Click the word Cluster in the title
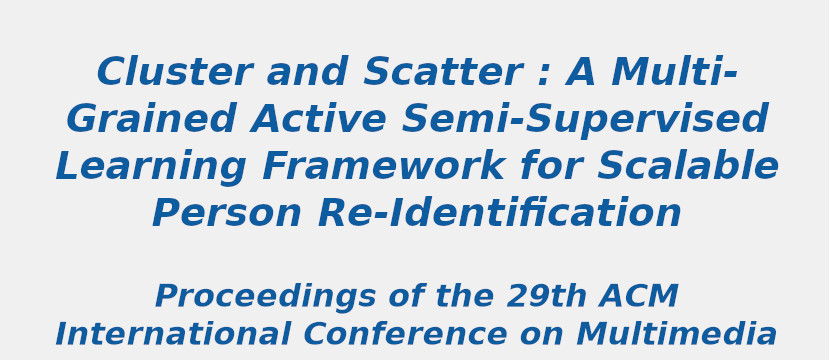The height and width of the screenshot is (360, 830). click(x=174, y=73)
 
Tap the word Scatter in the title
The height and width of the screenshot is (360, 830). click(x=442, y=73)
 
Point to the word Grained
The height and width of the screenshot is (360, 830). click(x=151, y=120)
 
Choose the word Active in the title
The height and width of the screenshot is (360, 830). click(x=318, y=120)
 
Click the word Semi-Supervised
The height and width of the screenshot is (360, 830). click(x=584, y=120)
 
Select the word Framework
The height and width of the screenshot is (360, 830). click(x=383, y=167)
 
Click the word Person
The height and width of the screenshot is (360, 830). click(x=227, y=214)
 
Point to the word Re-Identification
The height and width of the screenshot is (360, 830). click(x=500, y=214)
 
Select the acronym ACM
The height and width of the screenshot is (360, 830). click(x=640, y=297)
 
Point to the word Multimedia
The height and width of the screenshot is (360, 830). click(x=676, y=335)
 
